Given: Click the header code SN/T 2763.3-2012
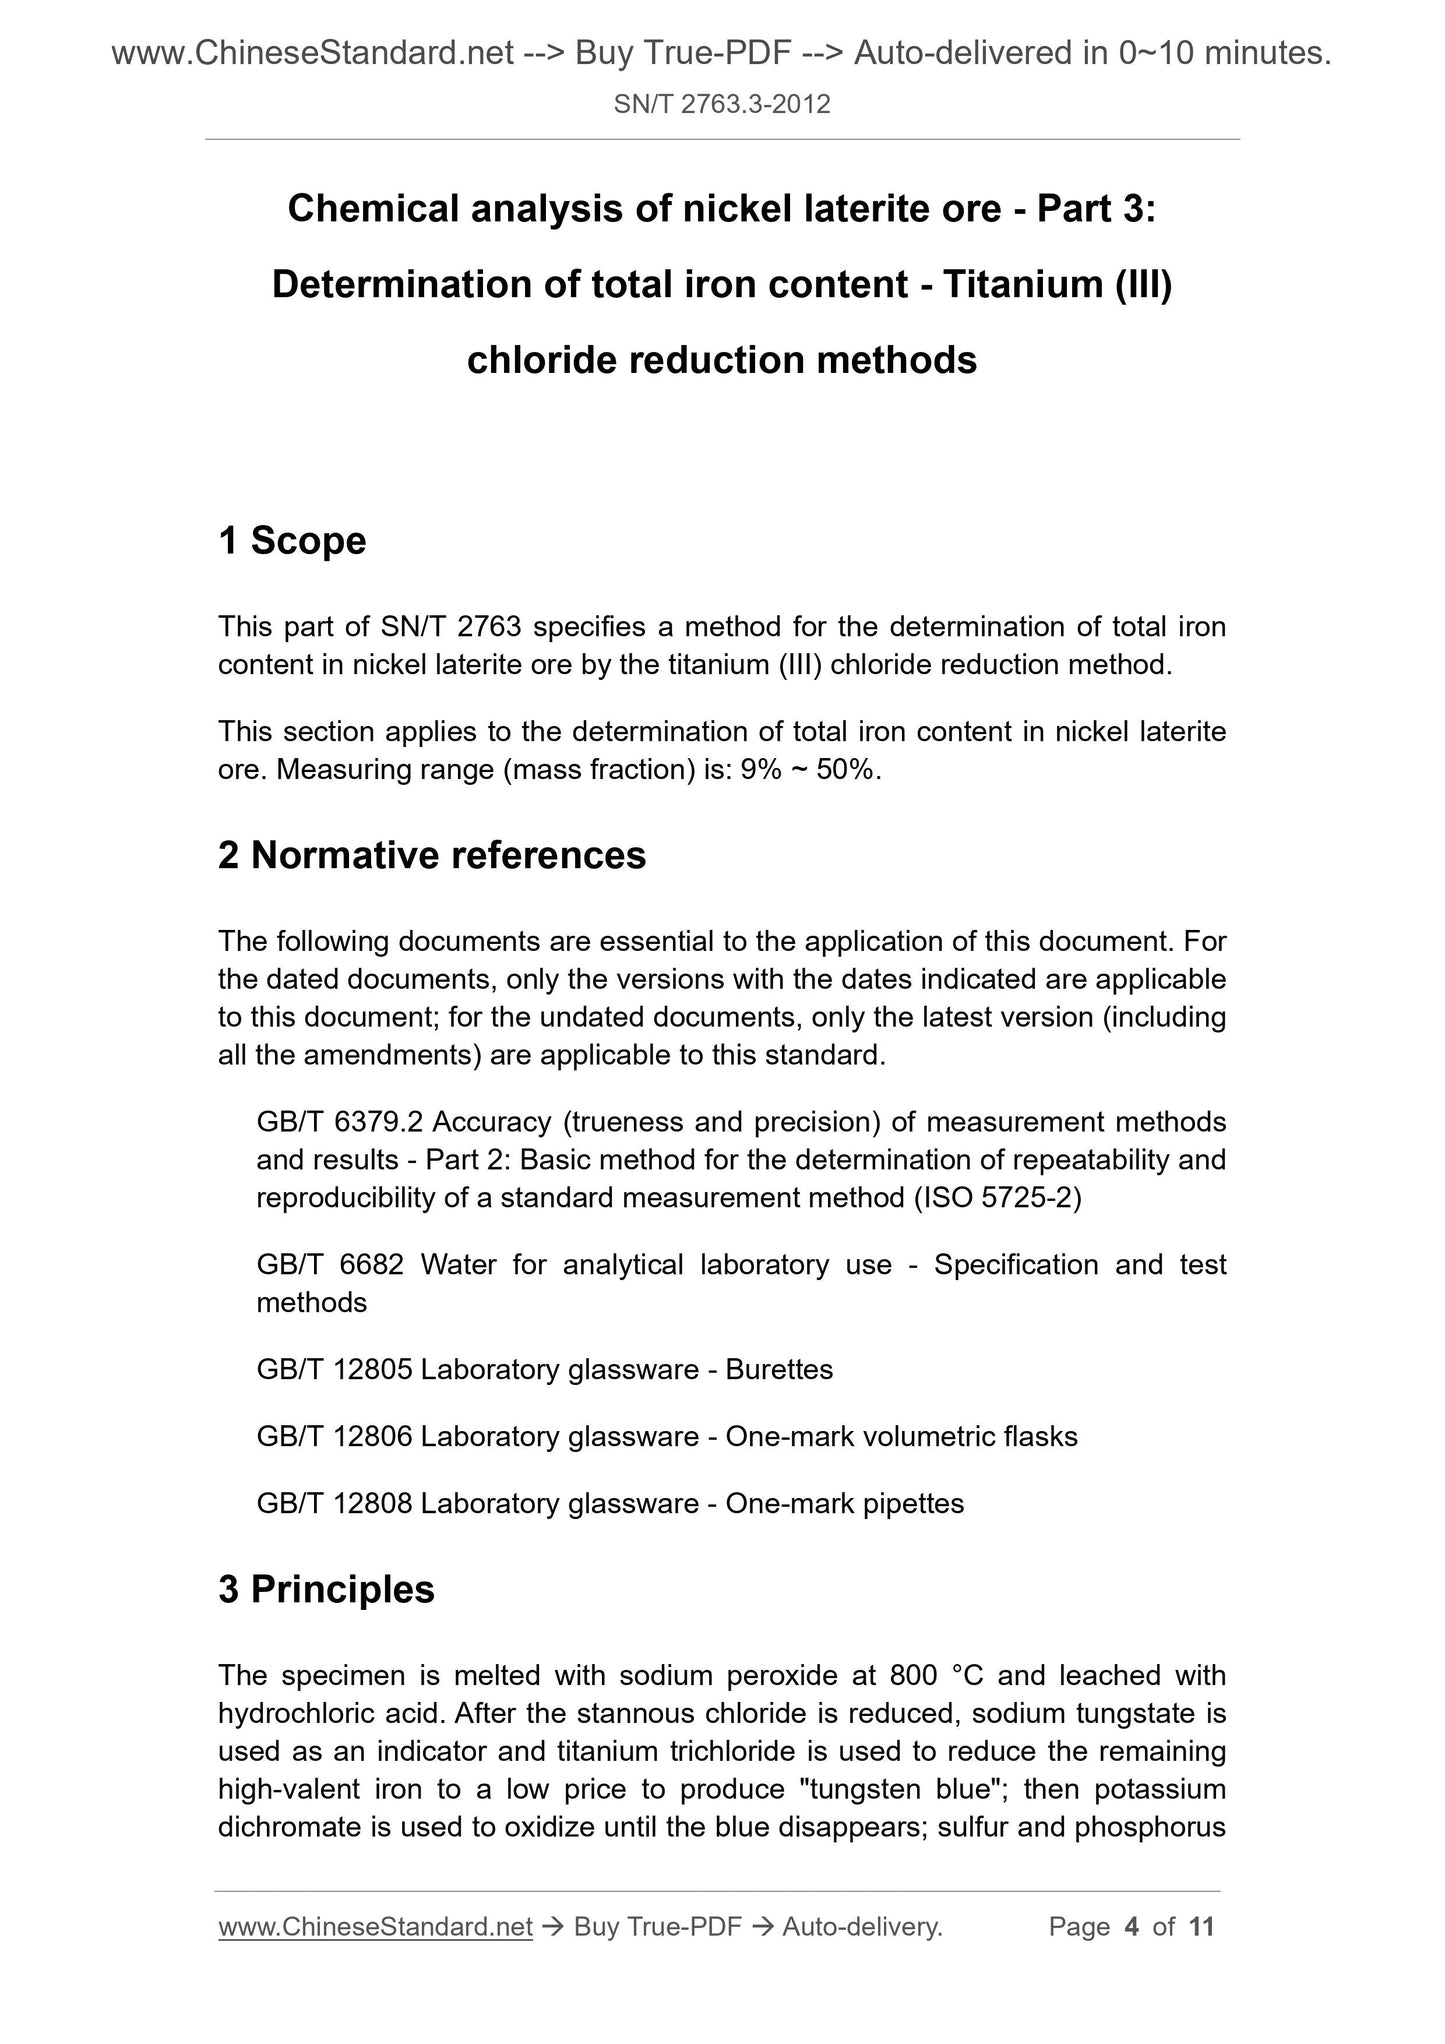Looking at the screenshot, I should coord(722,104).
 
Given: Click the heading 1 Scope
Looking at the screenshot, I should coord(292,541).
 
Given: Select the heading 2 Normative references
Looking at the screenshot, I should coord(432,855).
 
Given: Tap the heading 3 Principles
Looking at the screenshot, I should coord(326,1589).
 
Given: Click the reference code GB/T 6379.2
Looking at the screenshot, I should coord(334,1123).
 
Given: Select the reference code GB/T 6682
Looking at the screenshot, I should coord(330,1265).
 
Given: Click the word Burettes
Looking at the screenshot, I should coord(779,1369).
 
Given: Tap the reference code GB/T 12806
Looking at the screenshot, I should coord(334,1437).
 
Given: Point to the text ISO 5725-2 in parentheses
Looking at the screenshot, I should coord(997,1198).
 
